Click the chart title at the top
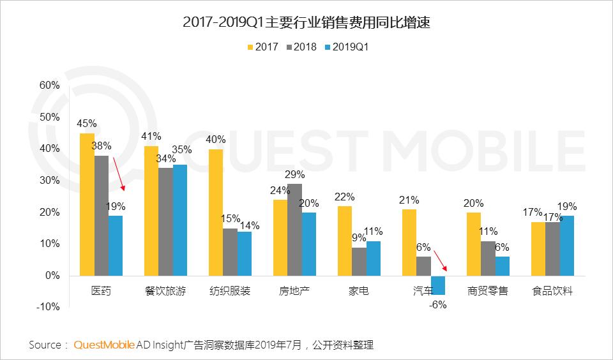[306, 22]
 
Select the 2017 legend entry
[262, 47]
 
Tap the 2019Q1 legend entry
[346, 47]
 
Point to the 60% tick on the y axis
[50, 85]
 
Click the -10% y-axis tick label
[48, 307]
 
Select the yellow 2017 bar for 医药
[87, 204]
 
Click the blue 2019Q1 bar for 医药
[116, 246]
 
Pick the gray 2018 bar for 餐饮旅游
[166, 222]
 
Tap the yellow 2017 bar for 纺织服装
[216, 213]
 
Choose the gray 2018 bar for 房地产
[295, 230]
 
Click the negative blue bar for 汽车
[438, 285]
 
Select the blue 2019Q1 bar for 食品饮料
[567, 246]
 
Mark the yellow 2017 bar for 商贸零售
[474, 244]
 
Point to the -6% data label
[437, 305]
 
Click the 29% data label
[295, 174]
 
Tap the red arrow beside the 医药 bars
[119, 174]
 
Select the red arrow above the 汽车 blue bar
[441, 261]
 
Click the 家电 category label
[358, 291]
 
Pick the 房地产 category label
[294, 291]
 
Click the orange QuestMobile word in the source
[104, 345]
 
